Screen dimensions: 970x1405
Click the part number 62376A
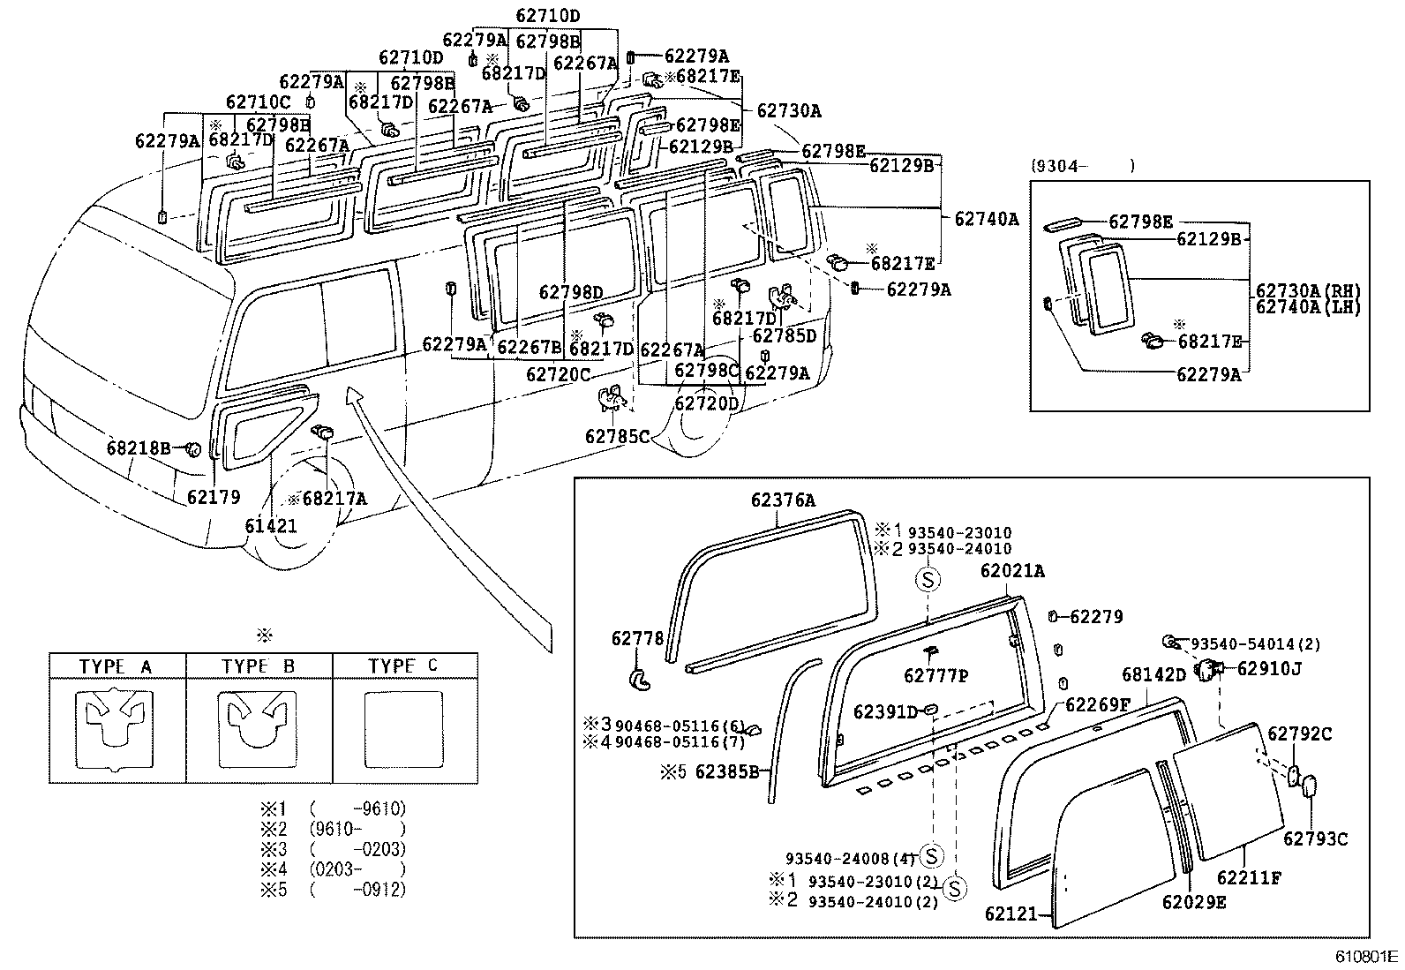(x=783, y=500)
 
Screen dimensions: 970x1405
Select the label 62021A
(x=1011, y=571)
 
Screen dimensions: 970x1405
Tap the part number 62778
(x=636, y=638)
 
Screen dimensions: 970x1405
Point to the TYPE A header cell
(x=116, y=666)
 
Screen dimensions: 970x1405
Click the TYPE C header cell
(x=404, y=666)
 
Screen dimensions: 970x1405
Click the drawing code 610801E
(x=1365, y=956)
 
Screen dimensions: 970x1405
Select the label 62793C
(x=1315, y=839)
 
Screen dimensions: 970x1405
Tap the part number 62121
(x=1012, y=915)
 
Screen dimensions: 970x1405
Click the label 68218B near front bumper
(x=139, y=448)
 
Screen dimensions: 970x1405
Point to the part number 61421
(x=271, y=527)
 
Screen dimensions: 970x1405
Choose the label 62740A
(x=986, y=218)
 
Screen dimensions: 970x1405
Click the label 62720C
(x=558, y=374)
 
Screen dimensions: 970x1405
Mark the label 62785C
(x=617, y=436)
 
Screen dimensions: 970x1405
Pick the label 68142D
(x=1153, y=675)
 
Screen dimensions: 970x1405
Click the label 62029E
(x=1193, y=902)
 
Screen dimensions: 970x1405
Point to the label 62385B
(x=727, y=772)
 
